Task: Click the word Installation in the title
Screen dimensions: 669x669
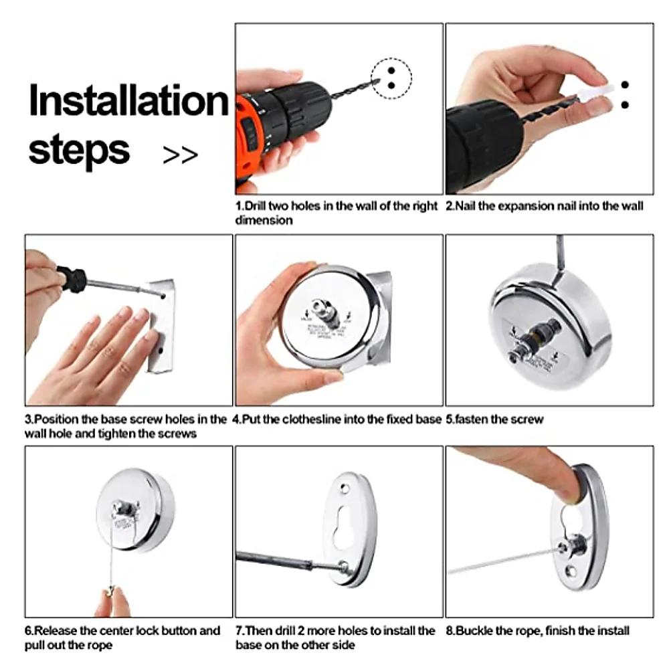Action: [x=128, y=101]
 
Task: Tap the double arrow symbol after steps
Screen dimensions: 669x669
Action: [x=180, y=155]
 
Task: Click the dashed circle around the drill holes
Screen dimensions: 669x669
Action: [x=391, y=78]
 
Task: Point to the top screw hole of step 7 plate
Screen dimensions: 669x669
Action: [x=345, y=487]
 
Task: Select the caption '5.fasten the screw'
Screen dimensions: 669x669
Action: [x=494, y=419]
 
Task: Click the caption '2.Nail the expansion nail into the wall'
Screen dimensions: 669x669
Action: [x=544, y=206]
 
